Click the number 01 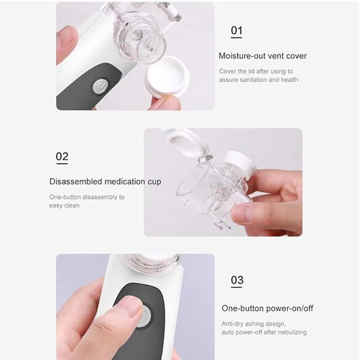237,30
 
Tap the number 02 62,156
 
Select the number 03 237,280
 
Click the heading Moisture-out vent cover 263,56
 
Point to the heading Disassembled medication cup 105,182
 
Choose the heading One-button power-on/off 267,309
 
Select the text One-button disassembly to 87,197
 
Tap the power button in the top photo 99,86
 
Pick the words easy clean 64,206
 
